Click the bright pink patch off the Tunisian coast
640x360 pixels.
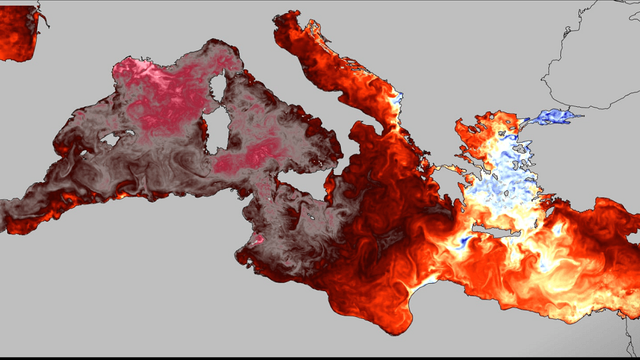coord(259,241)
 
